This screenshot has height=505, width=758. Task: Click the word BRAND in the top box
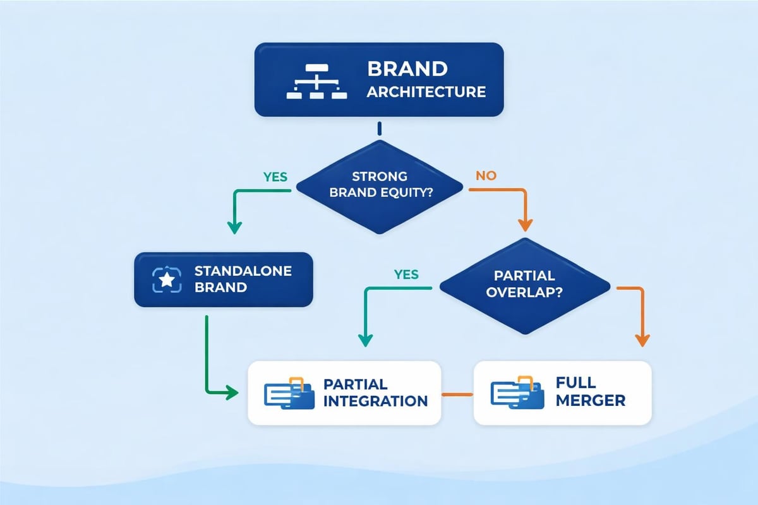(407, 68)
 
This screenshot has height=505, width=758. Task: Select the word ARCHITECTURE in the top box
(426, 92)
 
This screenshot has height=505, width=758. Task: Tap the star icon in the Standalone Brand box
(167, 280)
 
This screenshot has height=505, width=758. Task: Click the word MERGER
(591, 401)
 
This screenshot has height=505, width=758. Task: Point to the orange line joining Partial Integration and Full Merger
(457, 395)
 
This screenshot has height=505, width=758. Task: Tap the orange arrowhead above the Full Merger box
(642, 340)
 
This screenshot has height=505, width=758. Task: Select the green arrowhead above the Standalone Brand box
(234, 227)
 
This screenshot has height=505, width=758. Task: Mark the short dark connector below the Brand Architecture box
(379, 129)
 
